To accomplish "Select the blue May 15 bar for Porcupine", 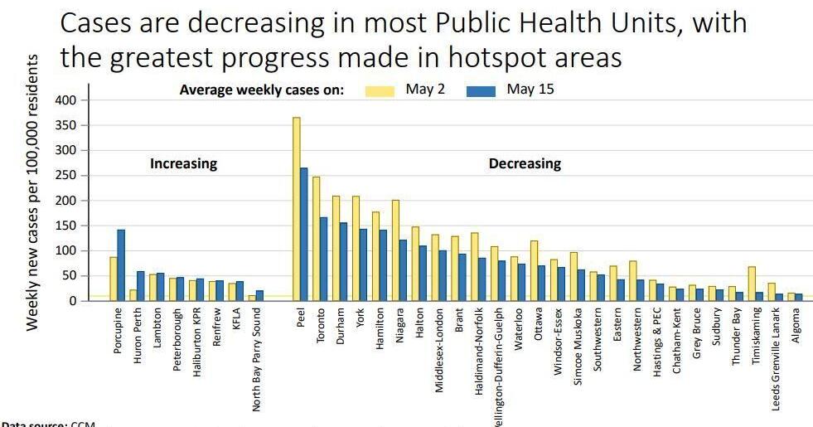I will pyautogui.click(x=121, y=265).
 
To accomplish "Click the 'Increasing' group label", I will pyautogui.click(x=183, y=164).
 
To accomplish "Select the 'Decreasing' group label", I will pyautogui.click(x=525, y=164).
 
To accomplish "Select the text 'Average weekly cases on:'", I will pyautogui.click(x=262, y=90).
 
